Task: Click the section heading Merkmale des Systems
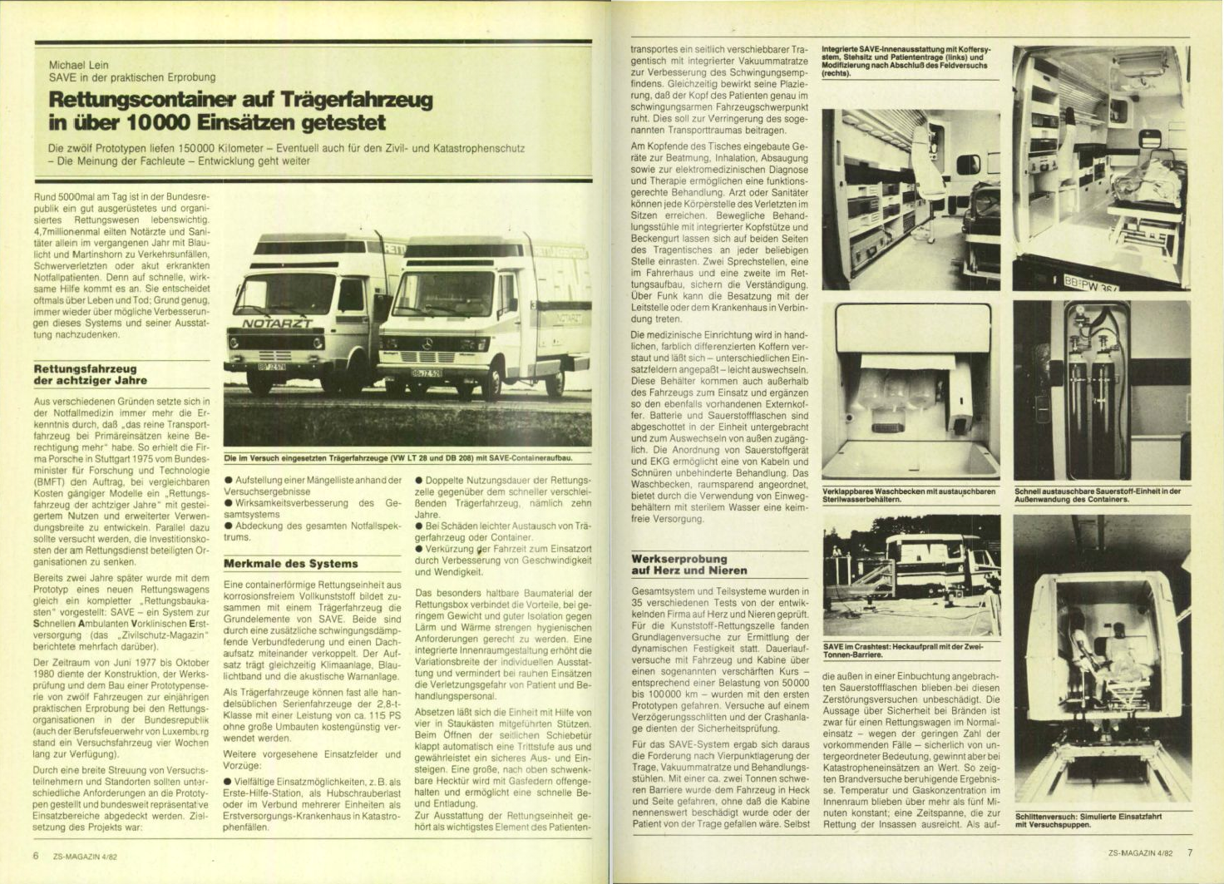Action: [x=291, y=563]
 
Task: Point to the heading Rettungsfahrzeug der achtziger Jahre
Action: [x=85, y=374]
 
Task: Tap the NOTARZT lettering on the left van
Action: [x=277, y=323]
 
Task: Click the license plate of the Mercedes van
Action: [x=426, y=373]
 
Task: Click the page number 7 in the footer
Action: [x=1190, y=852]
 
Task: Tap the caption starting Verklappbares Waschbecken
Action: [x=908, y=496]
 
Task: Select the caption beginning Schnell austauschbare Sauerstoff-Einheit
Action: [x=1098, y=495]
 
